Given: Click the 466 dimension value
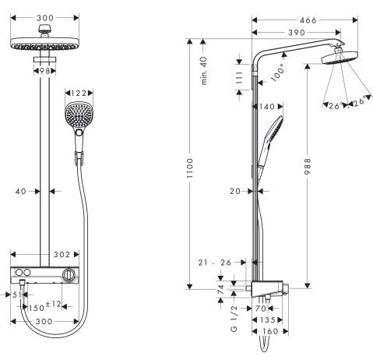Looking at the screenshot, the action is point(308,20).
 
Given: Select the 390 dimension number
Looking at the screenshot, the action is point(297,33).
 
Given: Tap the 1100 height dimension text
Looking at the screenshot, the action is point(190,168).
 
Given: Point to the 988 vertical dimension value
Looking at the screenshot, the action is point(308,166).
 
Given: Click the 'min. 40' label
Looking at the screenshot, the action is point(204,71).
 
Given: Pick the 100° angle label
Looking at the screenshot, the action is point(277,74).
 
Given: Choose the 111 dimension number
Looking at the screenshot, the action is point(239,78).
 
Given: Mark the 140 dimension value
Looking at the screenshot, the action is point(267,107).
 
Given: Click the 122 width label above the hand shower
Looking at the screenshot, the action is point(79,93).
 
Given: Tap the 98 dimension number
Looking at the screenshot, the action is point(44,71).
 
